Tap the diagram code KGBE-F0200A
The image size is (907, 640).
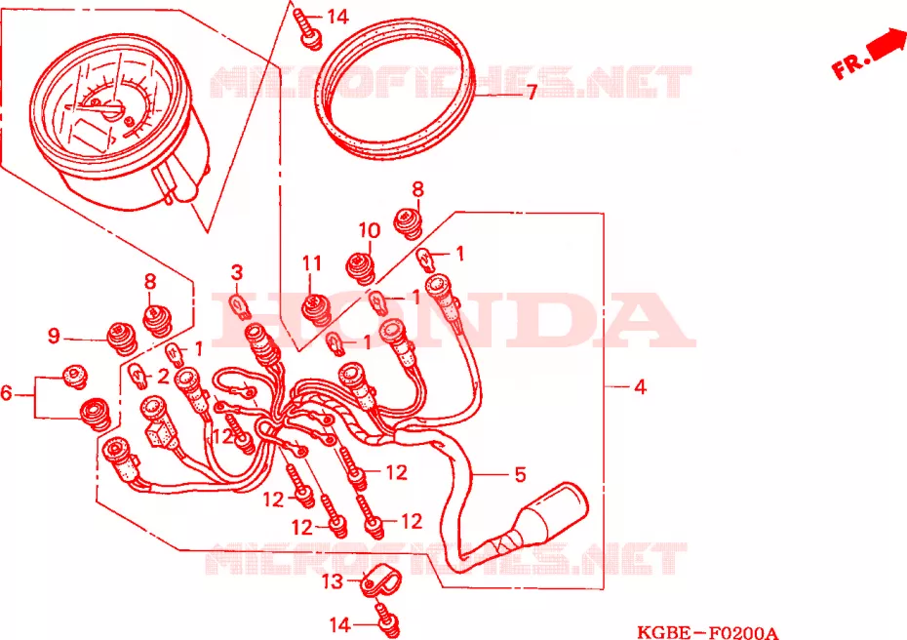point(707,632)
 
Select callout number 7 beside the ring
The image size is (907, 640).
point(532,92)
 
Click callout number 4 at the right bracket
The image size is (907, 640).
point(640,386)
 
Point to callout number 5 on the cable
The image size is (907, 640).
point(520,474)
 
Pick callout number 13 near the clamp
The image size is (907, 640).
point(331,581)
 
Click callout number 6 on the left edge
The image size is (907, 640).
point(7,393)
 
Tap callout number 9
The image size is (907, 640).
point(54,336)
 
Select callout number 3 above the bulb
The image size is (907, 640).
point(237,272)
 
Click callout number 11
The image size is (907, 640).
point(312,263)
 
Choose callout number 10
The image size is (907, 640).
point(369,230)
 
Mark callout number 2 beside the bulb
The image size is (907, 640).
point(164,377)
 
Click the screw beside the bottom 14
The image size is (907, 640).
point(387,620)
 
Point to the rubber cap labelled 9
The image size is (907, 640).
point(122,338)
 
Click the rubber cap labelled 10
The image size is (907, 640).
point(361,268)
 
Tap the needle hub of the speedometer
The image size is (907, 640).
point(112,109)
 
